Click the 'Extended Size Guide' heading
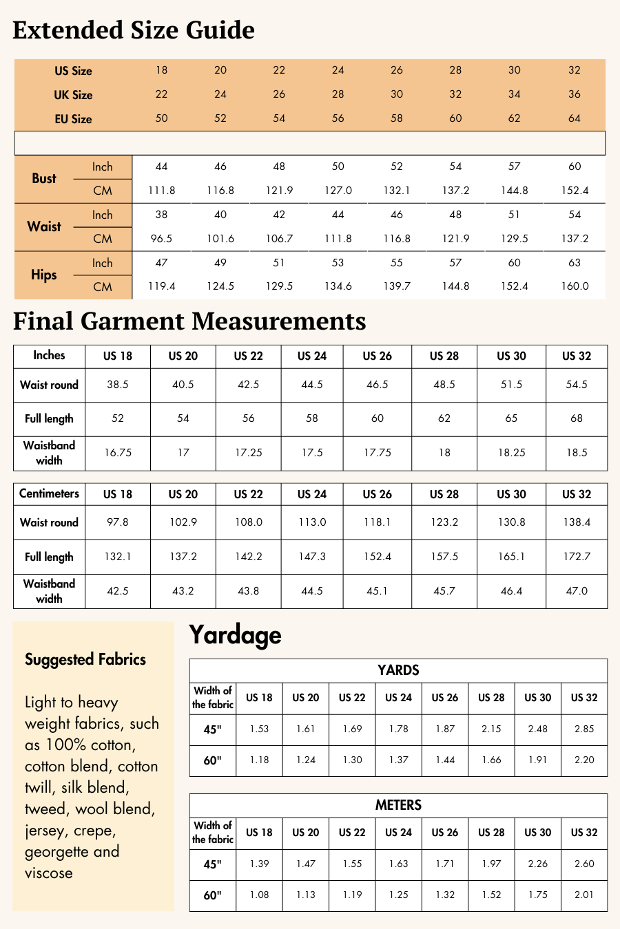[134, 30]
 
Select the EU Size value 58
[397, 118]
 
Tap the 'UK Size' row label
[73, 95]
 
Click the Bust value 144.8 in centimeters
[515, 191]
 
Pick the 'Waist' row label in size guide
[44, 226]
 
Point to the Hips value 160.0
[575, 286]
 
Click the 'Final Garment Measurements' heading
[189, 321]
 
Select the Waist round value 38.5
[118, 385]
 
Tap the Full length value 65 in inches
[511, 418]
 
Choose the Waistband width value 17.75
[378, 453]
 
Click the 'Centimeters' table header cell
[49, 493]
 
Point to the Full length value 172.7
[577, 557]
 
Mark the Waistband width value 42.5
[118, 591]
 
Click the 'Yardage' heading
[236, 634]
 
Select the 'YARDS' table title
[398, 670]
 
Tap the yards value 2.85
[584, 729]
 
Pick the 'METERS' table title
[398, 805]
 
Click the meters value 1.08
[259, 895]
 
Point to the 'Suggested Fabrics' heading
[85, 659]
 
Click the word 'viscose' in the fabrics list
[49, 873]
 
